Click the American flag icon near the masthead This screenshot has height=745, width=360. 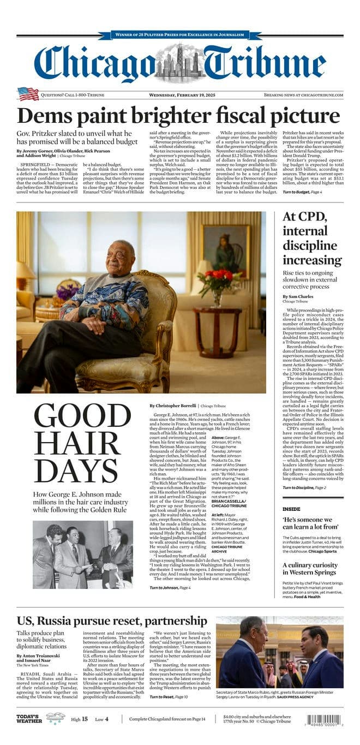(x=28, y=94)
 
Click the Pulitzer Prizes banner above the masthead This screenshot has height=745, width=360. (x=180, y=35)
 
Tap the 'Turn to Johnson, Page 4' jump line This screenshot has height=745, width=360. (x=170, y=587)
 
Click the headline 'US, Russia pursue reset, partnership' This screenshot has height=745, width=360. (x=112, y=621)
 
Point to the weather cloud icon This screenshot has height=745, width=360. (x=55, y=718)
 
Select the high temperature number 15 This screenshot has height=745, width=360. (x=85, y=719)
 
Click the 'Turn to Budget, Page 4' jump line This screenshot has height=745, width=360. (x=305, y=192)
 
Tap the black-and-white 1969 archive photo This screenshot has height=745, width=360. (x=82, y=555)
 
